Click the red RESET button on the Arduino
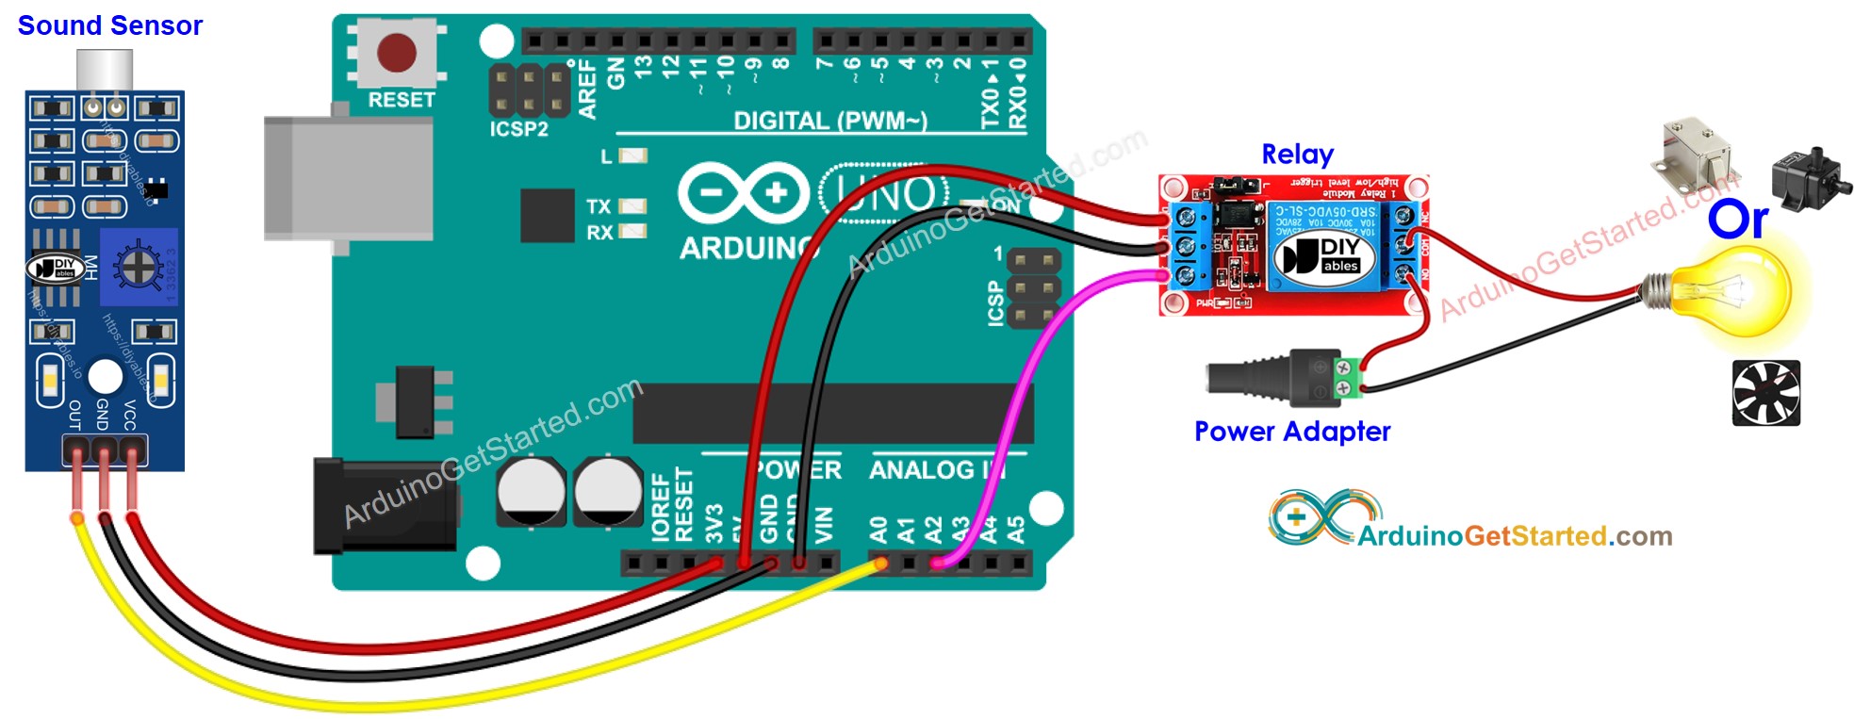point(396,53)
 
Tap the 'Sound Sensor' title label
point(109,25)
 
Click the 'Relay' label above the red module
point(1297,154)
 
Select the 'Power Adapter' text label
point(1291,431)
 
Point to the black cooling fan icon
point(1765,393)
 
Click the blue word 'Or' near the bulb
point(1737,220)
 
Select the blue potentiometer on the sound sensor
point(139,267)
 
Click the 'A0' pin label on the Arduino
point(878,530)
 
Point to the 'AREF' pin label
point(587,89)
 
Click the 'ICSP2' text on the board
point(518,129)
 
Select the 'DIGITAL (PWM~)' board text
point(829,121)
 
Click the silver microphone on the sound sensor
point(104,71)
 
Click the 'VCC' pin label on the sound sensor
point(130,415)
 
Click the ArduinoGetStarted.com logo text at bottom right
point(1514,535)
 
